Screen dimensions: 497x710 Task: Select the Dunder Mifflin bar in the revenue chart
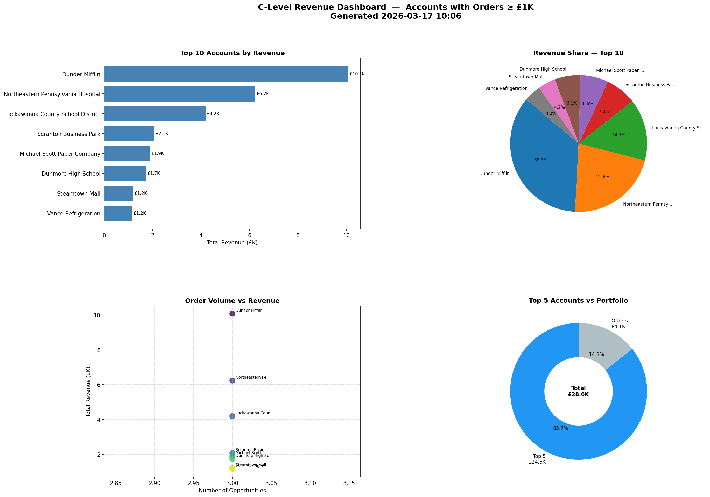226,74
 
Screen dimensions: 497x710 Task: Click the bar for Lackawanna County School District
154,114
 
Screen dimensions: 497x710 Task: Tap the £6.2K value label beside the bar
263,94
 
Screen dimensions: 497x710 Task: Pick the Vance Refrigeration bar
118,213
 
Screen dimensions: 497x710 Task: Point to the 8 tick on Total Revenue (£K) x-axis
298,235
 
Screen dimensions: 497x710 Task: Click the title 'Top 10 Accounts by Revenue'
232,53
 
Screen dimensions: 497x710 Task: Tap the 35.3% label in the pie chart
540,160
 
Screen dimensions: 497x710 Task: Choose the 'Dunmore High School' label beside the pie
543,69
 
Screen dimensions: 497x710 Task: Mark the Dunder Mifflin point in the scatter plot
232,314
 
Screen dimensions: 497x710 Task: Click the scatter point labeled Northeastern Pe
232,380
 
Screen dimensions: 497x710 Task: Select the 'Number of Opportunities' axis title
232,491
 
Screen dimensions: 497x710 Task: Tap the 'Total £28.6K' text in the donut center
578,391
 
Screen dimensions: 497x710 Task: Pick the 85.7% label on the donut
560,428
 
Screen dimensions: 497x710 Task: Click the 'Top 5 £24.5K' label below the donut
537,459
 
